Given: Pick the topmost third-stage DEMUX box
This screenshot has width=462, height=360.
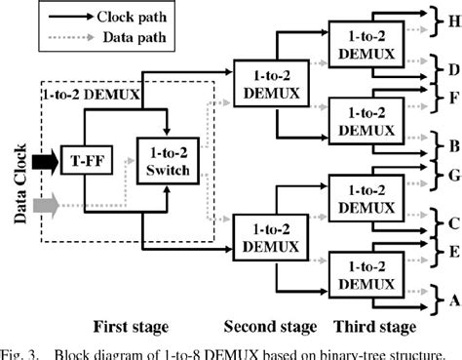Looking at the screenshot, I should pos(364,42).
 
